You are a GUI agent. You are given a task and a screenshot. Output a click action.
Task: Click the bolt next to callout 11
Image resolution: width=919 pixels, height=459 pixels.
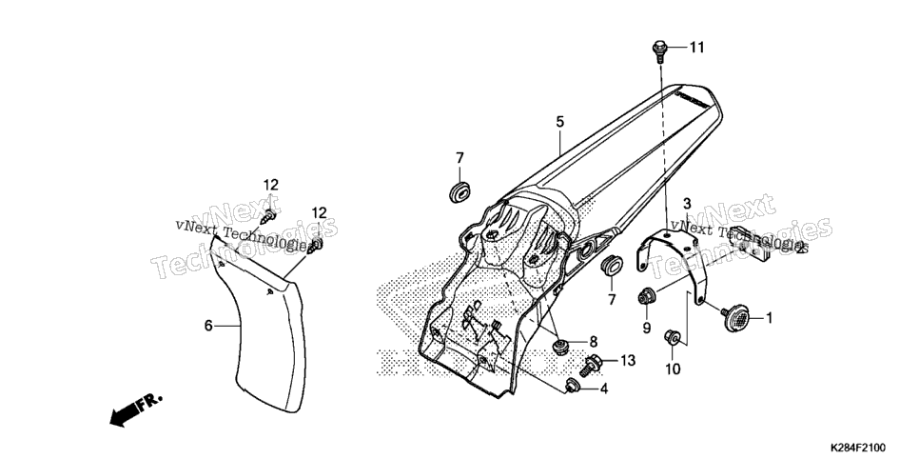659,50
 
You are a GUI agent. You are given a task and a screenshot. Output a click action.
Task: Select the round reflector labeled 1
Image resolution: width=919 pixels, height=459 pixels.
736,317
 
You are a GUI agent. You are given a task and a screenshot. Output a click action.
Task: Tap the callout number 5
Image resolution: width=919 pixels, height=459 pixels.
559,122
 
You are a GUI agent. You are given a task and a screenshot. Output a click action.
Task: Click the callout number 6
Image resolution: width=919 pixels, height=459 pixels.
208,325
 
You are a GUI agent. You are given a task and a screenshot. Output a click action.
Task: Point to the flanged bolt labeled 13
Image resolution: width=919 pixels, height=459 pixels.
591,365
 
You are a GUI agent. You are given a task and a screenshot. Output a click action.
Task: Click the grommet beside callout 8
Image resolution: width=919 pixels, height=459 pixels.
561,346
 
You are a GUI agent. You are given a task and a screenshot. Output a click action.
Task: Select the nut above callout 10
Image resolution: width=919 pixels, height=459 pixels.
672,337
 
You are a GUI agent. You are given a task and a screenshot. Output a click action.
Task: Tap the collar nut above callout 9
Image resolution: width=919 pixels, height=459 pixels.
646,297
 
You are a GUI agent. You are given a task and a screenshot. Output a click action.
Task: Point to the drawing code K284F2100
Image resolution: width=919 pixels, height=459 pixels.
857,448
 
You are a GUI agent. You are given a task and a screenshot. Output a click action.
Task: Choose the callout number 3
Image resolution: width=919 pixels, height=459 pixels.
687,204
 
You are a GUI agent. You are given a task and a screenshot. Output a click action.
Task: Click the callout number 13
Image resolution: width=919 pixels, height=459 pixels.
628,360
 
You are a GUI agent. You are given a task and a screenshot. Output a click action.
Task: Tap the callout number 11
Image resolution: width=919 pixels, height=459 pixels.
696,48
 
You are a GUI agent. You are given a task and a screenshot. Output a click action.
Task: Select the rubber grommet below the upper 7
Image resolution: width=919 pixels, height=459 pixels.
460,191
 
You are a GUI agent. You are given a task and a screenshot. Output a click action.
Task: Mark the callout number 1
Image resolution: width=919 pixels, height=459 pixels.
770,318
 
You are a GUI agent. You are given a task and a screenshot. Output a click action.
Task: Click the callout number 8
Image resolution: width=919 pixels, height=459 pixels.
593,341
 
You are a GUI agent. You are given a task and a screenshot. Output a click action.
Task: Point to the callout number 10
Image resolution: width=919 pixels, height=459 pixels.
673,369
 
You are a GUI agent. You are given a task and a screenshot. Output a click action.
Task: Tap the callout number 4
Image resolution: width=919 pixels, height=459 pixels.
603,389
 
